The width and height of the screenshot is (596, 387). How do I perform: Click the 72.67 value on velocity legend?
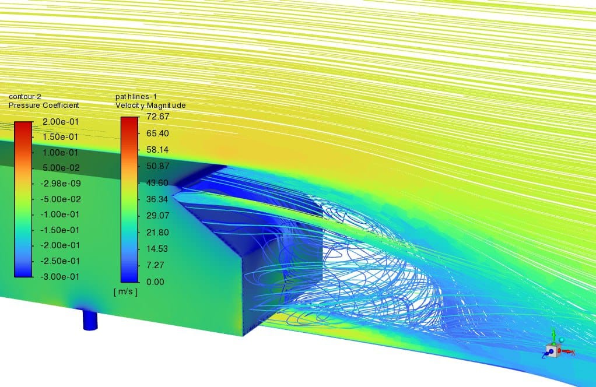coord(157,116)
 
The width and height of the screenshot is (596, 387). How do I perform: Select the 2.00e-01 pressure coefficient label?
coord(60,122)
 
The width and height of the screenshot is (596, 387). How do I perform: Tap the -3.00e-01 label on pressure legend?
coord(59,276)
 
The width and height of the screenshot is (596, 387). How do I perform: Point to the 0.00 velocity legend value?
coord(156,282)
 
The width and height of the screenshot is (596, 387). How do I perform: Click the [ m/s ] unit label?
coord(125,291)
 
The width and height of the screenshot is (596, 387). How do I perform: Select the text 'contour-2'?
coord(24,97)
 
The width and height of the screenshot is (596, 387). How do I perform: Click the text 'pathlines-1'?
coord(136,97)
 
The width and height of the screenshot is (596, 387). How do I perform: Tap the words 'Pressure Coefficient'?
coord(44,105)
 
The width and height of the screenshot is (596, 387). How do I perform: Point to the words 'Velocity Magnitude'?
coord(150,105)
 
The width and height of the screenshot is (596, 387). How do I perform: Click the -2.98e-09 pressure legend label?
coord(61,184)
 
